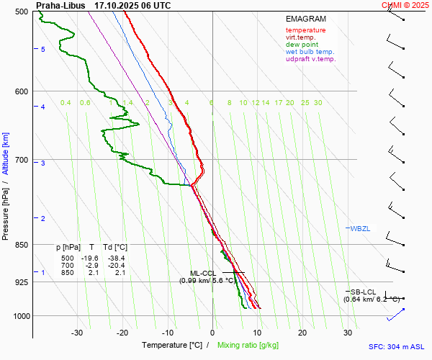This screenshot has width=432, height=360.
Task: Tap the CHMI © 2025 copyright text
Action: click(x=406, y=5)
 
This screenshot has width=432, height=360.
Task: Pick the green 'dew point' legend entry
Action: click(x=302, y=45)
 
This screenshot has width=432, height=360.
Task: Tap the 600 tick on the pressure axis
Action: click(x=20, y=91)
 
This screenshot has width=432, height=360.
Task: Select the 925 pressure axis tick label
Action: click(x=20, y=282)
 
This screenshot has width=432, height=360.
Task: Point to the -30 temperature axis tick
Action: click(x=77, y=333)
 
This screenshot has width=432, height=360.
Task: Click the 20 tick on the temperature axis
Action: click(x=302, y=333)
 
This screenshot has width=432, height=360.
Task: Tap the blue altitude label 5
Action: click(x=43, y=49)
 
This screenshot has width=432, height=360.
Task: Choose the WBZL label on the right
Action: click(x=360, y=229)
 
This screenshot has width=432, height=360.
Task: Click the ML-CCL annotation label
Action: click(x=202, y=273)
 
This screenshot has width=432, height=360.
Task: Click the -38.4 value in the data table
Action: click(x=116, y=258)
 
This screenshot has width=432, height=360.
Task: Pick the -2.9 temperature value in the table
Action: click(x=91, y=266)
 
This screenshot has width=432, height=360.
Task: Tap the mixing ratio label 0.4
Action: click(x=66, y=103)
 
